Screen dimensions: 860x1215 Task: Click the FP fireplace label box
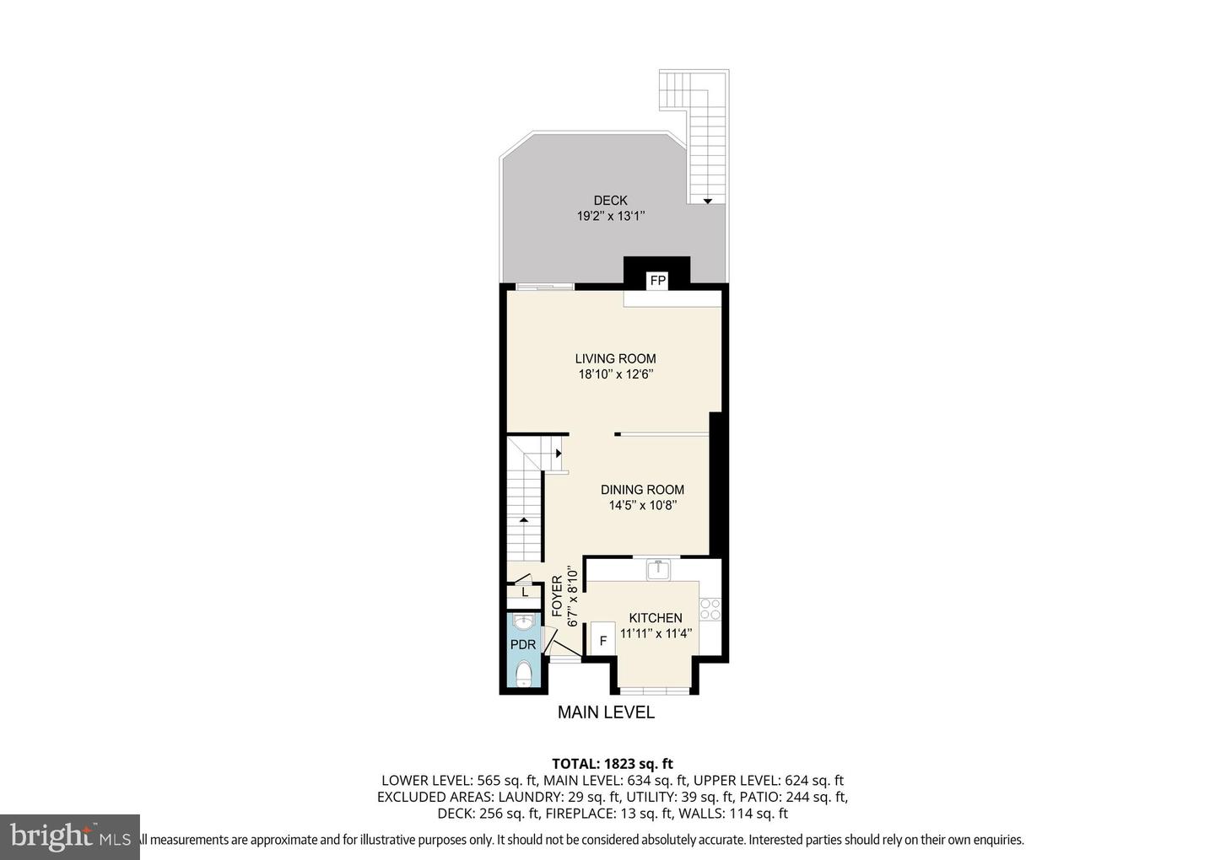[x=658, y=281]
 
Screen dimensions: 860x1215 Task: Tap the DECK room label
[x=610, y=201]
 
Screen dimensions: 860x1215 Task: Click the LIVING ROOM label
[x=615, y=358]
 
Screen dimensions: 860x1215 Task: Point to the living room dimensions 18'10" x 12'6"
[x=616, y=374]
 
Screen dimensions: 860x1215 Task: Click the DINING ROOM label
[x=642, y=490]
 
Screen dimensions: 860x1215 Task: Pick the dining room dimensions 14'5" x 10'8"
[x=643, y=506]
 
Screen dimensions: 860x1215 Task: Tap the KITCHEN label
[x=656, y=618]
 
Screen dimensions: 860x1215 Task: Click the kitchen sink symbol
[x=657, y=570]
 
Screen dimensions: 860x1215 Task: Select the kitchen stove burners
[x=710, y=609]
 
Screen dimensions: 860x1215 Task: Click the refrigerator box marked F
[x=603, y=641]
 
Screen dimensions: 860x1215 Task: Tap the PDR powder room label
[x=523, y=645]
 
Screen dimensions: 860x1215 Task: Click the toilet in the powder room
[x=524, y=673]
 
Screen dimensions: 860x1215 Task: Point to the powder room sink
[x=524, y=623]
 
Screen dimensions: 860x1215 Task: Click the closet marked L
[x=525, y=592]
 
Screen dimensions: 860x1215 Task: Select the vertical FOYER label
[x=558, y=596]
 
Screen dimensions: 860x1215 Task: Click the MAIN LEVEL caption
[x=606, y=712]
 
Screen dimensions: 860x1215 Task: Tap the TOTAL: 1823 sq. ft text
[x=612, y=765]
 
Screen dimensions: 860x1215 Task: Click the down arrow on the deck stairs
[x=708, y=201]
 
